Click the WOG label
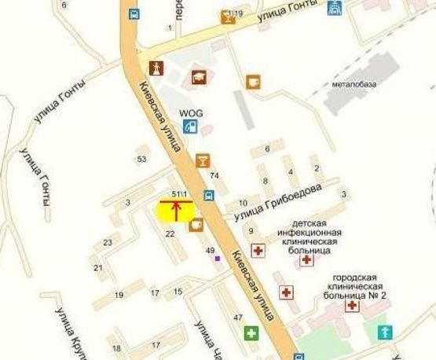click(191, 113)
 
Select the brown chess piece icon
click(154, 68)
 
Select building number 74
click(214, 175)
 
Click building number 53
click(141, 159)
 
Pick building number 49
click(210, 251)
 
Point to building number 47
click(237, 317)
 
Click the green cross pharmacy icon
click(251, 332)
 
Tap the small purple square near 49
click(218, 260)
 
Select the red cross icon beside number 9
click(257, 249)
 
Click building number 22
click(169, 234)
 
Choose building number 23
click(108, 242)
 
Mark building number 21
click(99, 268)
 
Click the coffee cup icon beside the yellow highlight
click(196, 224)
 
